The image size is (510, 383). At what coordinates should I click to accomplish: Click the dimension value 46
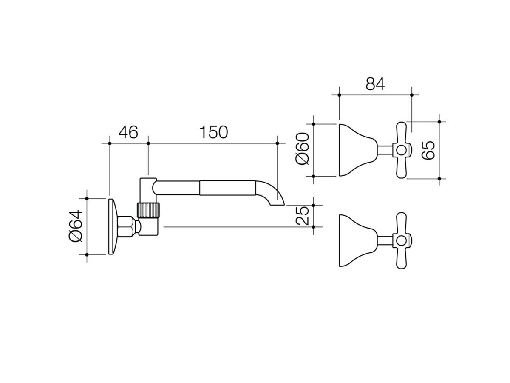128,132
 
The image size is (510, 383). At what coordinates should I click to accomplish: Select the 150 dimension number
213,132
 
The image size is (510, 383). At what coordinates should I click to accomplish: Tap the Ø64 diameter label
76,226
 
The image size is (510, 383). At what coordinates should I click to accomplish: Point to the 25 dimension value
303,216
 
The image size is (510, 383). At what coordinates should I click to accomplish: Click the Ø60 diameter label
303,149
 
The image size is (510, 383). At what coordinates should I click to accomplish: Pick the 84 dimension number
375,84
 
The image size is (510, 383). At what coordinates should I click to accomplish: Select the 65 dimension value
428,150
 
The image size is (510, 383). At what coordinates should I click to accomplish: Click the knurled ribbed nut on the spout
148,210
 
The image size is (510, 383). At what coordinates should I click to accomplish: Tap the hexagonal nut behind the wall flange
126,227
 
